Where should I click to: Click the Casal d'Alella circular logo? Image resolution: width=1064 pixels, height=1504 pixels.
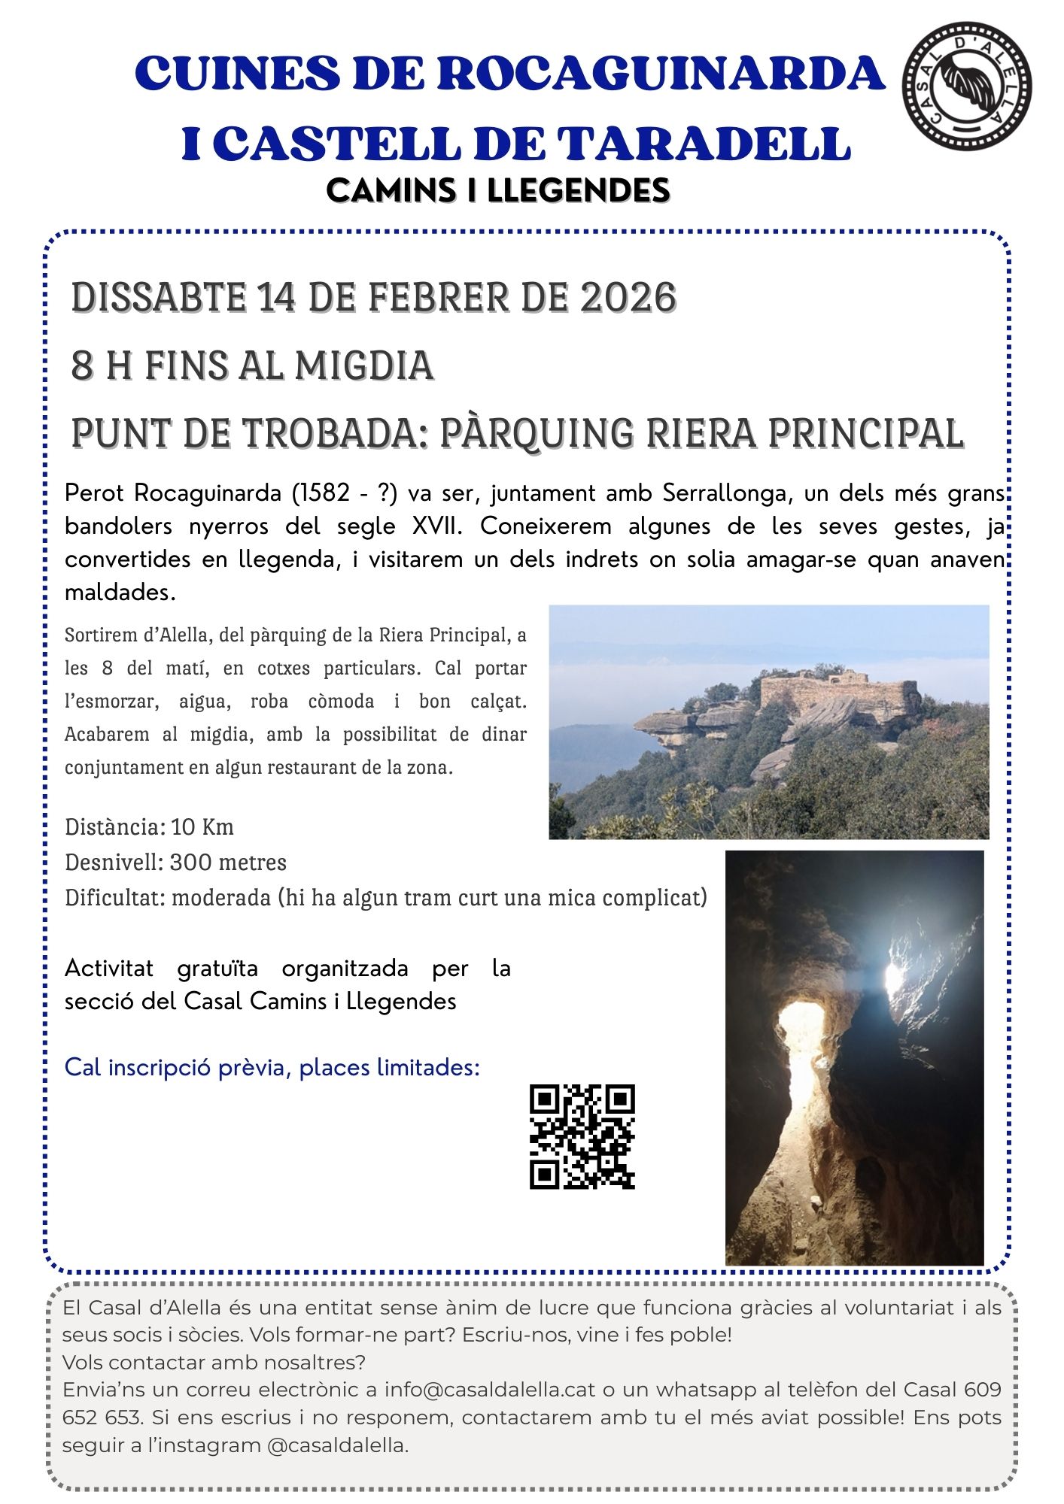(x=967, y=86)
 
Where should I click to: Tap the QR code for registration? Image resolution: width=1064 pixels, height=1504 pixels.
(x=582, y=1136)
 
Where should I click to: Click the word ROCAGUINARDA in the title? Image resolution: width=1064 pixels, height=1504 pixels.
(x=661, y=74)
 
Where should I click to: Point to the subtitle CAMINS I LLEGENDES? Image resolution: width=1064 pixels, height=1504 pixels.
(x=498, y=190)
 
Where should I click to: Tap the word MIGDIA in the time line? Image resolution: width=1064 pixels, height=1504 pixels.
(x=364, y=365)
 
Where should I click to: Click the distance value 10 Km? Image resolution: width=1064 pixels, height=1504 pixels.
(x=202, y=827)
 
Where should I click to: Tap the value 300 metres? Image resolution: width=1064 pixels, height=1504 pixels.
(x=228, y=863)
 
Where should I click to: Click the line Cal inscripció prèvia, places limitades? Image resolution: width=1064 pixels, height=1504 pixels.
(x=272, y=1068)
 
